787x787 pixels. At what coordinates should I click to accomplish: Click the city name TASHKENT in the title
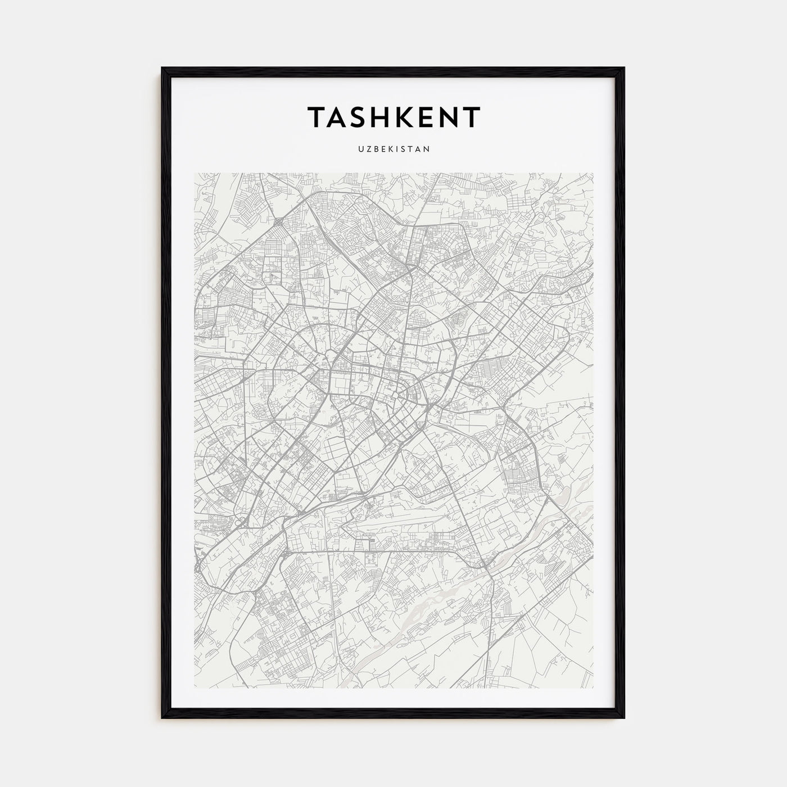point(393,117)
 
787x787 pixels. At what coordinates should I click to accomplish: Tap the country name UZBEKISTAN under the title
point(393,150)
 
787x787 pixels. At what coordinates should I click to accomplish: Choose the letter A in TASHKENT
point(336,117)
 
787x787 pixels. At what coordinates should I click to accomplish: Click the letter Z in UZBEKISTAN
point(366,150)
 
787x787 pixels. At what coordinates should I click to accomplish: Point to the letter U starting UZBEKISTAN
point(359,150)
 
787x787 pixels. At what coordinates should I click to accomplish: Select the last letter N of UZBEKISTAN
point(428,150)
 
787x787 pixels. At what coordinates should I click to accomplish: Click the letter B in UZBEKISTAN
point(374,150)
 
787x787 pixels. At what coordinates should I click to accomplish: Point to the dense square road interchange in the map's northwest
point(279,223)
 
